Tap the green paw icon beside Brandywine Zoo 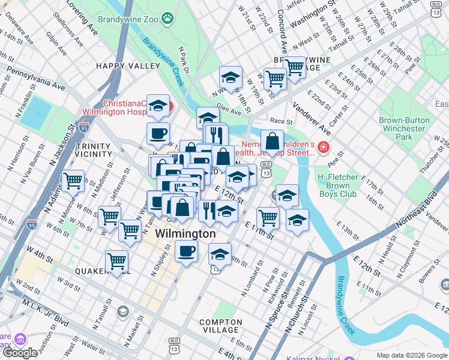coord(167,19)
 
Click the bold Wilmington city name coord(185,233)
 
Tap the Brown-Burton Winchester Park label coord(405,128)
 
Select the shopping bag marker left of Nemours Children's coord(272,142)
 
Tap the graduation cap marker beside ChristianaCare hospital coord(158,106)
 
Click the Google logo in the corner coord(20,353)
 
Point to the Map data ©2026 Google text coord(411,355)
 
